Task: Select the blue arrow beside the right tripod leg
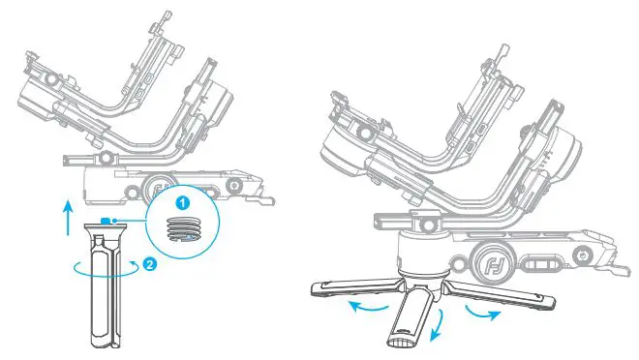[x=483, y=315]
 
